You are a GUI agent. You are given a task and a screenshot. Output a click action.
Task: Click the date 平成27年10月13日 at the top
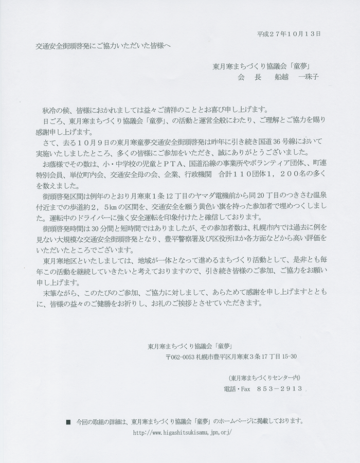pyautogui.click(x=289, y=34)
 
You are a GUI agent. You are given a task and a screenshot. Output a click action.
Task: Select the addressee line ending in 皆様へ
pyautogui.click(x=103, y=45)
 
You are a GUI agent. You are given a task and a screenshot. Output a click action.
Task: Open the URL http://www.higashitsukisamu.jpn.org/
pyautogui.click(x=183, y=433)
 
